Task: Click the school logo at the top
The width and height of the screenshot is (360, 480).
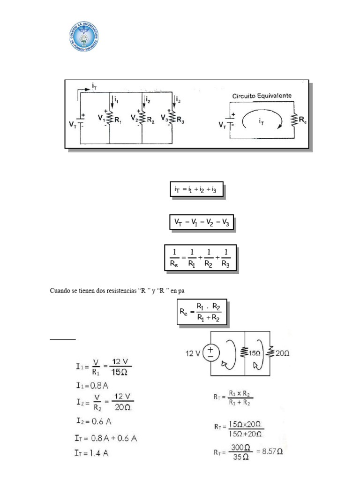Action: coord(83,36)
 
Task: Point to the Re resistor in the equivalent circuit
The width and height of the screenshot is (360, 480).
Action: coord(293,121)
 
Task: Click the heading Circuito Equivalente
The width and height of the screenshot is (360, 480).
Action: coord(262,96)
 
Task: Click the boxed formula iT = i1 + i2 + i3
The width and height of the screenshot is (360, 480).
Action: coord(195,190)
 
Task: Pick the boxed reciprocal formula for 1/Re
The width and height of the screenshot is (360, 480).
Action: coord(200,258)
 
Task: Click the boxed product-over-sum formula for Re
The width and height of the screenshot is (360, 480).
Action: coord(202,311)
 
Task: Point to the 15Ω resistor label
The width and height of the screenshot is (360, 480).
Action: coord(254,352)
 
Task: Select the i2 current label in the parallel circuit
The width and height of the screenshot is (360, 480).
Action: coord(148,99)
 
